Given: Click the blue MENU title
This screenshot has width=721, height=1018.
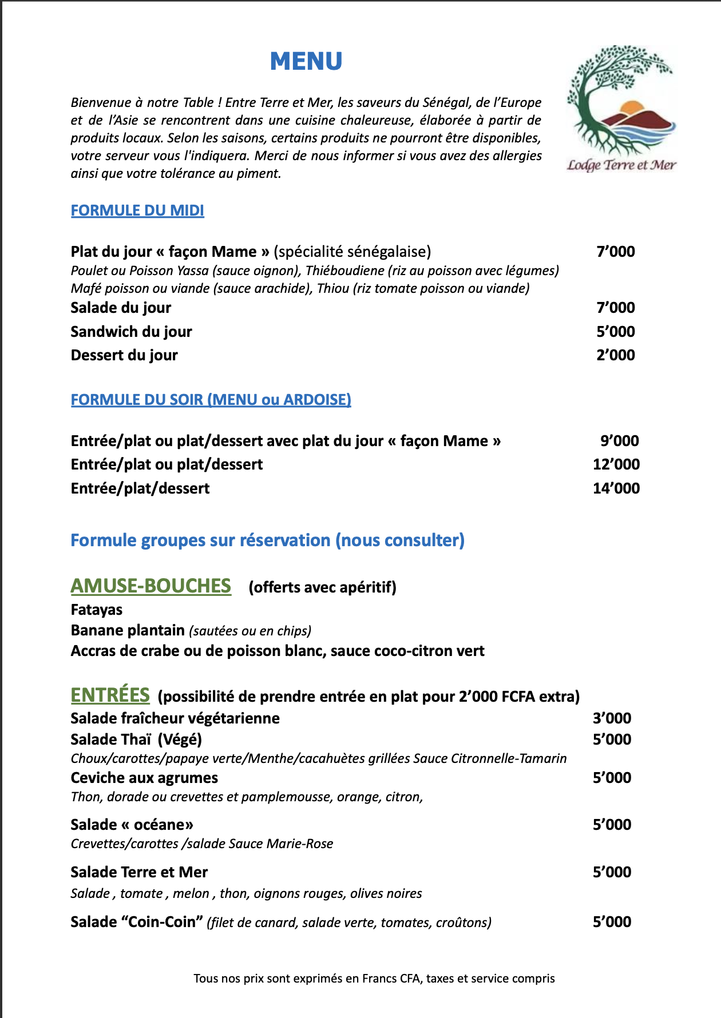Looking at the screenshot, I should tap(306, 61).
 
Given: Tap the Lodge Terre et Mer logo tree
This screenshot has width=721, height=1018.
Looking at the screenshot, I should tap(612, 92).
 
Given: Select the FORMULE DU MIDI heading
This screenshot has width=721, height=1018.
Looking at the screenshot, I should tap(137, 210).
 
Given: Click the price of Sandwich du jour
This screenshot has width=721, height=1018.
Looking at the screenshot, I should tap(616, 332).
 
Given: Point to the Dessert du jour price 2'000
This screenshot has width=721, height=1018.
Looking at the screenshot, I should tap(616, 355).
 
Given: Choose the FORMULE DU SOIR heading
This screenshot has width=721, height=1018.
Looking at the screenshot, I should tap(211, 399).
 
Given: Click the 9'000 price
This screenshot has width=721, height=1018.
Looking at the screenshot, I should tap(619, 441).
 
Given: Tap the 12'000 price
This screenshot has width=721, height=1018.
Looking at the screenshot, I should tap(616, 464).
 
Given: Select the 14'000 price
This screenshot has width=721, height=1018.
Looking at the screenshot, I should tap(616, 488).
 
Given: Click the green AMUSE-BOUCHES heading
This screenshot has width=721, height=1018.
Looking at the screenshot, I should tap(151, 586).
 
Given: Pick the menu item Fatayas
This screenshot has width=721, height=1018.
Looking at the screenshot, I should tap(97, 610).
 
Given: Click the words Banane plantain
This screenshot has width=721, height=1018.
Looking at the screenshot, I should tap(128, 630).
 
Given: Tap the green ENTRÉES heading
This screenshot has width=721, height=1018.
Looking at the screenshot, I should tap(110, 695).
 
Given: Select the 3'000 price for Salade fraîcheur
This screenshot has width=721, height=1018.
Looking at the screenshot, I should tap(612, 718).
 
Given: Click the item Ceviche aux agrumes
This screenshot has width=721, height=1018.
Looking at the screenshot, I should tap(144, 778).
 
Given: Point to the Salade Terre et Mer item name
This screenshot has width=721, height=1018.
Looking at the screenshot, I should tap(139, 872).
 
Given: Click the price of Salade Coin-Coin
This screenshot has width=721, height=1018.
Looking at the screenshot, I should tap(612, 922).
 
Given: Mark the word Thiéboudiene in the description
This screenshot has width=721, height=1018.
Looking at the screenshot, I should tap(344, 271).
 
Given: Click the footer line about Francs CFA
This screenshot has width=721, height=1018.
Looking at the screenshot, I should tap(374, 979).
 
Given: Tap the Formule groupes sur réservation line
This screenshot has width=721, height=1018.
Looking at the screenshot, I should tap(267, 540).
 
